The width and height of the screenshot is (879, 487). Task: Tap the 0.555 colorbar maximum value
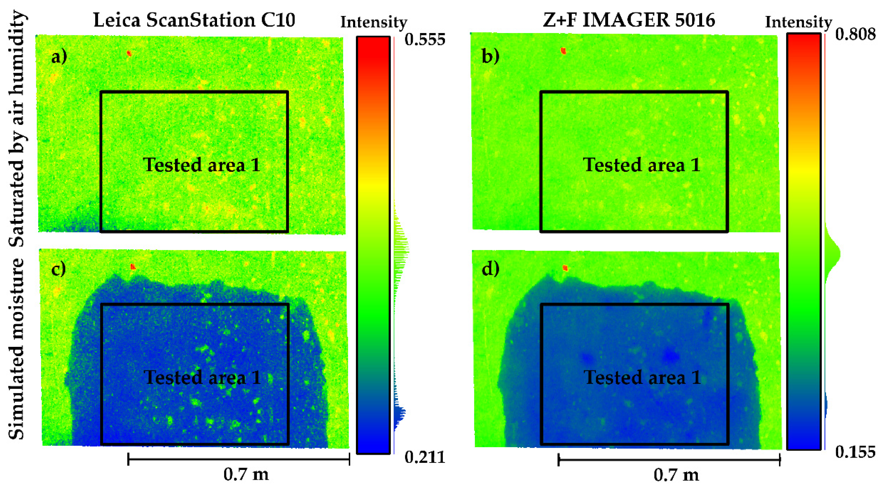click(x=425, y=40)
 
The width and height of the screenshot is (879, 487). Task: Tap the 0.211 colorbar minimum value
click(x=425, y=457)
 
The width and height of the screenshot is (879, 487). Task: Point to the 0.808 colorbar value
click(x=855, y=34)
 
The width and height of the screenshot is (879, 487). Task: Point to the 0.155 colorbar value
click(x=855, y=452)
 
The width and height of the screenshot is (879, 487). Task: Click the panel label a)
click(x=59, y=57)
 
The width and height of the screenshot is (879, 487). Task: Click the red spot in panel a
click(x=129, y=53)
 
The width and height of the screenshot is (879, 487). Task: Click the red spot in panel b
click(x=563, y=51)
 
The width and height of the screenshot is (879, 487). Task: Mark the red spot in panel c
click(x=133, y=267)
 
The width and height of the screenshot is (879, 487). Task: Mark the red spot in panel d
click(x=565, y=268)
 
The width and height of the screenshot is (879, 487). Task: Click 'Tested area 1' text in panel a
click(x=202, y=165)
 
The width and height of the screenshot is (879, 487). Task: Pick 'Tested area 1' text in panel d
click(x=642, y=377)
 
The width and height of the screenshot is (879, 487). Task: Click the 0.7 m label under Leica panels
click(x=246, y=474)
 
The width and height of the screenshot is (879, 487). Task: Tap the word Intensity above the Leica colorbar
click(x=374, y=23)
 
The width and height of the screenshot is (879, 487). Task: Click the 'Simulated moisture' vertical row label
click(x=16, y=348)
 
